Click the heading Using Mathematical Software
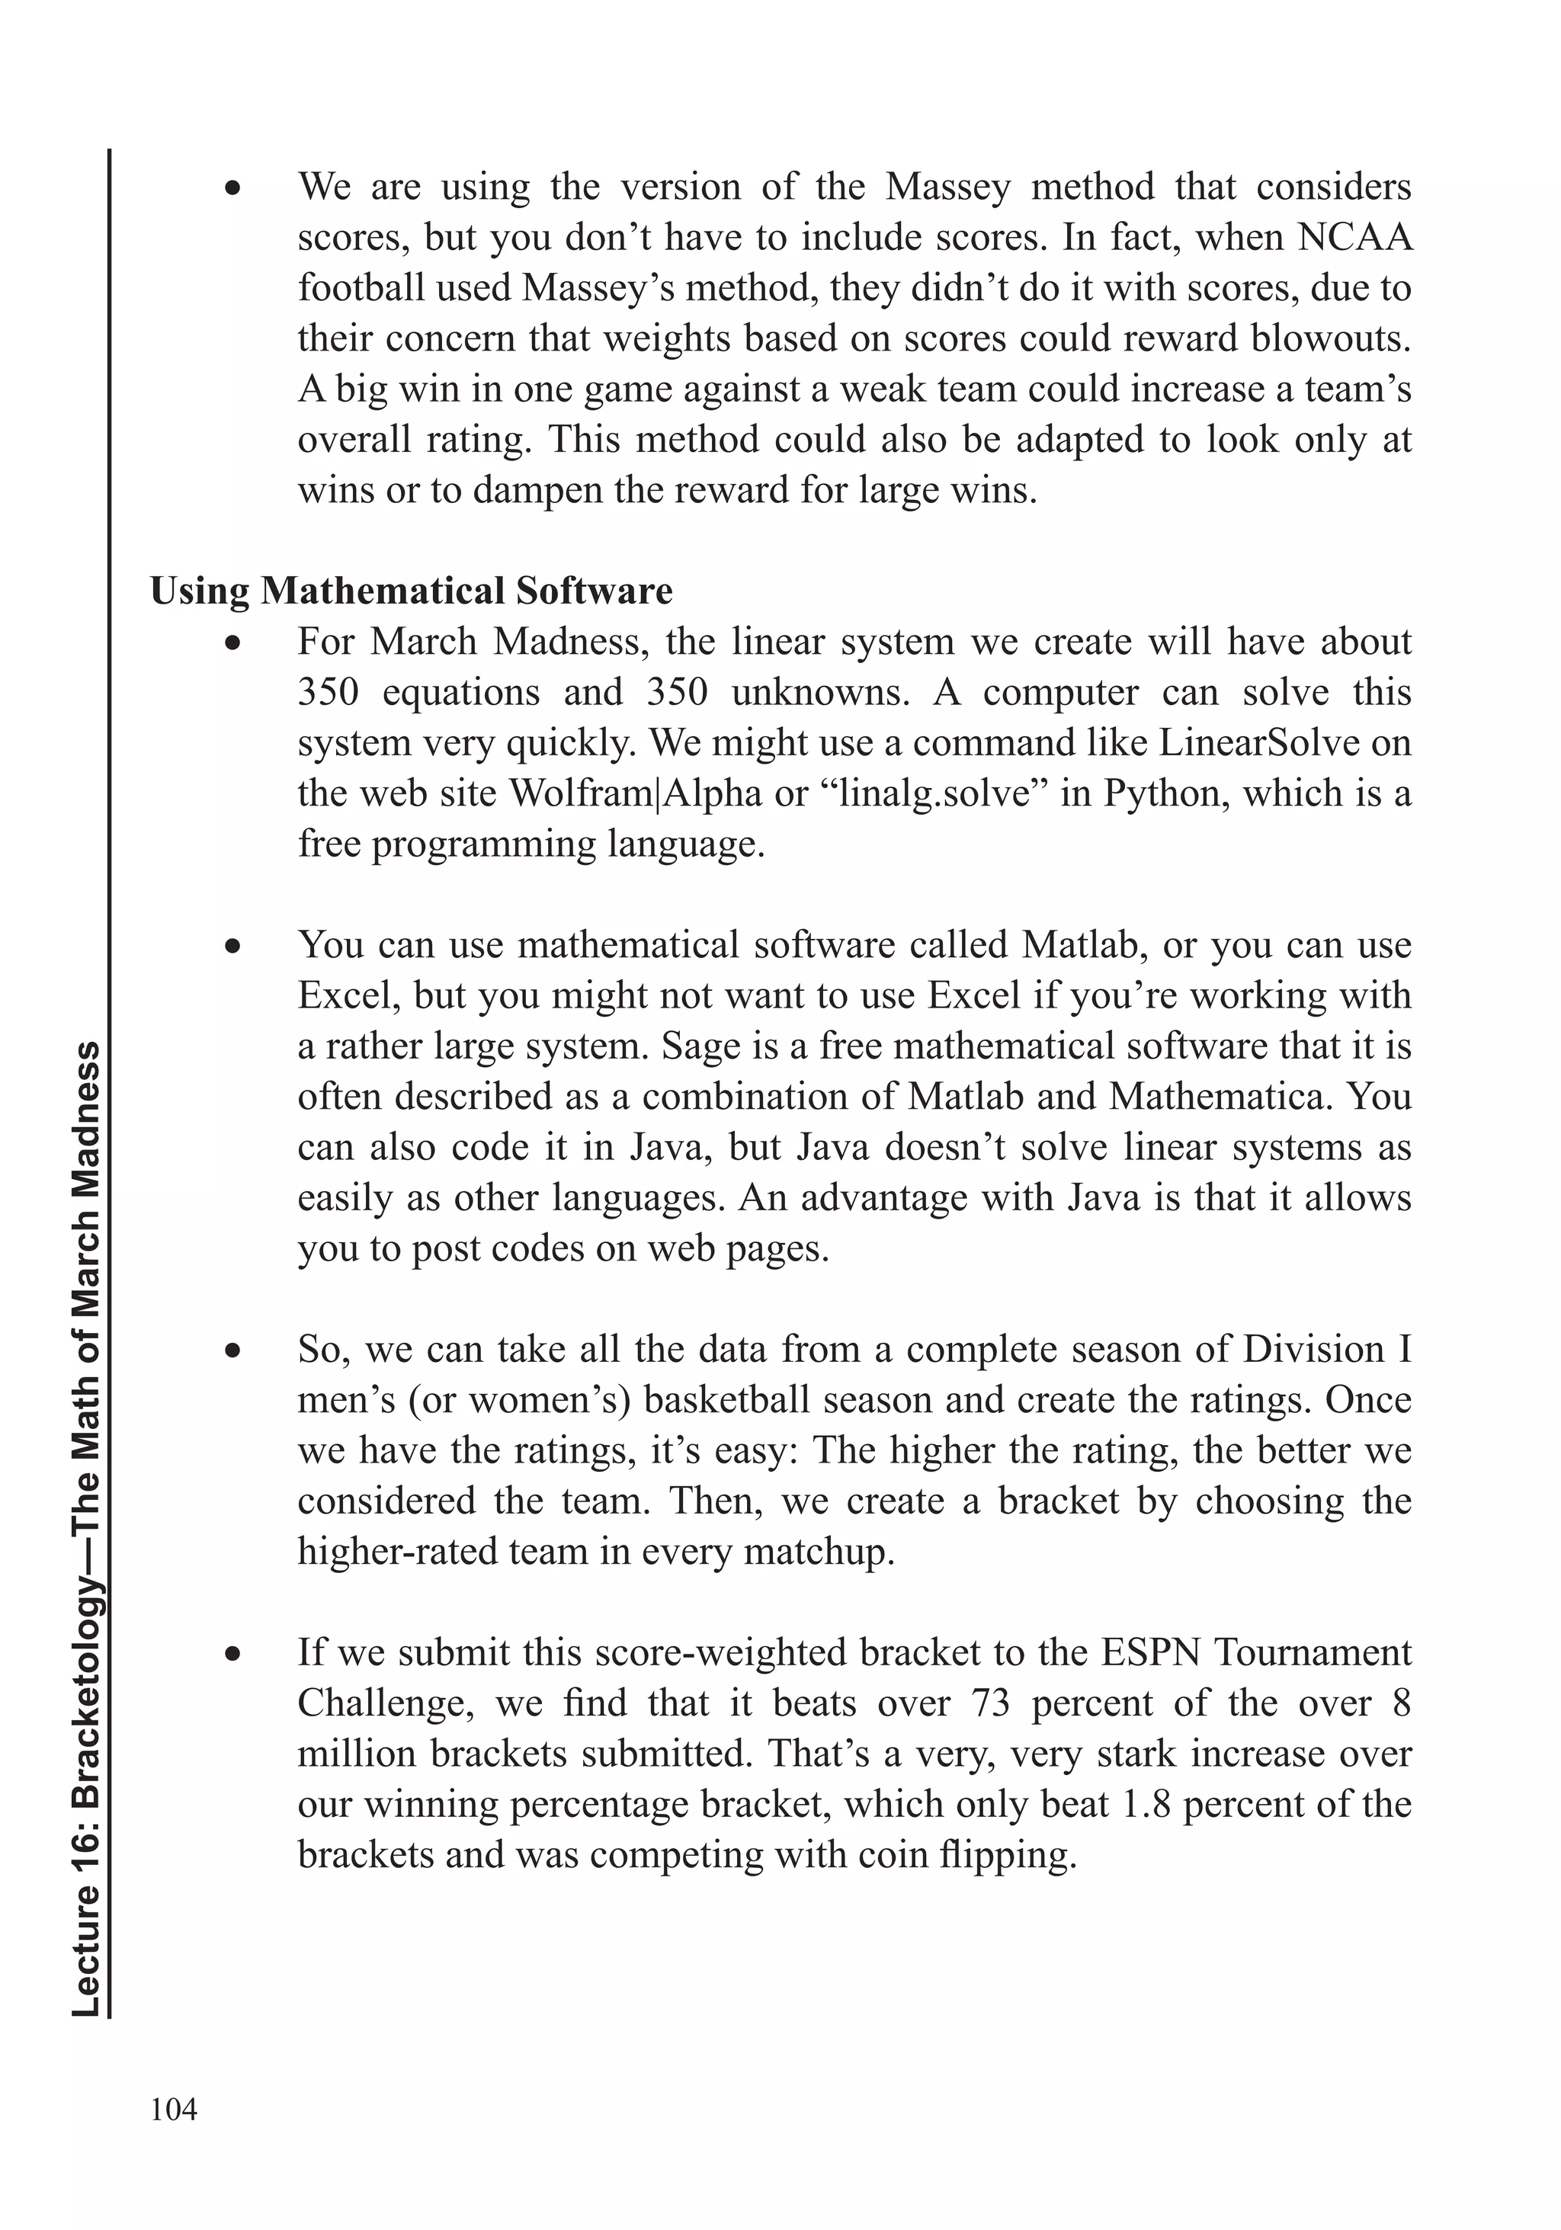(x=411, y=591)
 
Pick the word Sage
(x=700, y=1046)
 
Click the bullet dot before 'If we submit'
(x=232, y=1653)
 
